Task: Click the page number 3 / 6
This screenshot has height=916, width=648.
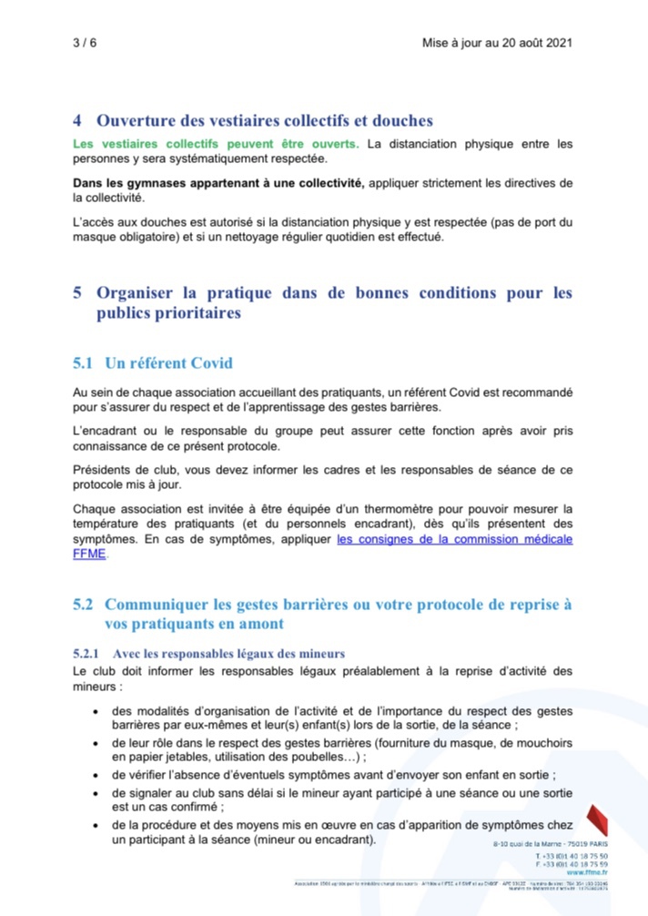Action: click(84, 43)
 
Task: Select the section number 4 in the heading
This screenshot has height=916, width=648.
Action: click(78, 120)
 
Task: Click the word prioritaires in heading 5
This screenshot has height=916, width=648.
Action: click(168, 313)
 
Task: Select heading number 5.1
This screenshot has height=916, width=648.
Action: click(84, 363)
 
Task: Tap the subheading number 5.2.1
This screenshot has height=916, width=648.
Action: click(86, 654)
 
